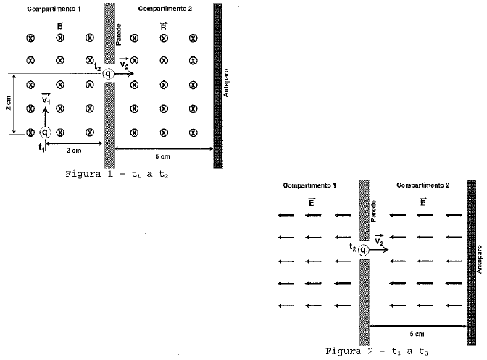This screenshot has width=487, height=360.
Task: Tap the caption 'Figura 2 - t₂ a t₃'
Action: (378, 351)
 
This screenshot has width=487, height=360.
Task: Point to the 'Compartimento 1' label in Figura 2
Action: (310, 185)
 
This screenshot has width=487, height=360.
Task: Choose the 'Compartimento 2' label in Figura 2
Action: (423, 185)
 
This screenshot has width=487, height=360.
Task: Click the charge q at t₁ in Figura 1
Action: (45, 133)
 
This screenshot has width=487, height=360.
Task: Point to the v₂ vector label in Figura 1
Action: (125, 63)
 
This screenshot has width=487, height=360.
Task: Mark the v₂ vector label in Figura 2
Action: (380, 238)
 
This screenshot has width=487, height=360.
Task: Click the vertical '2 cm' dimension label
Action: (7, 103)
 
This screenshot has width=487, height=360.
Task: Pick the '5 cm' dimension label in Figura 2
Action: (417, 335)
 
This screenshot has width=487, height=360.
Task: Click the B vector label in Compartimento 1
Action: (60, 26)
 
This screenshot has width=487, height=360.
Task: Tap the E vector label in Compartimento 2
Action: (422, 202)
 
